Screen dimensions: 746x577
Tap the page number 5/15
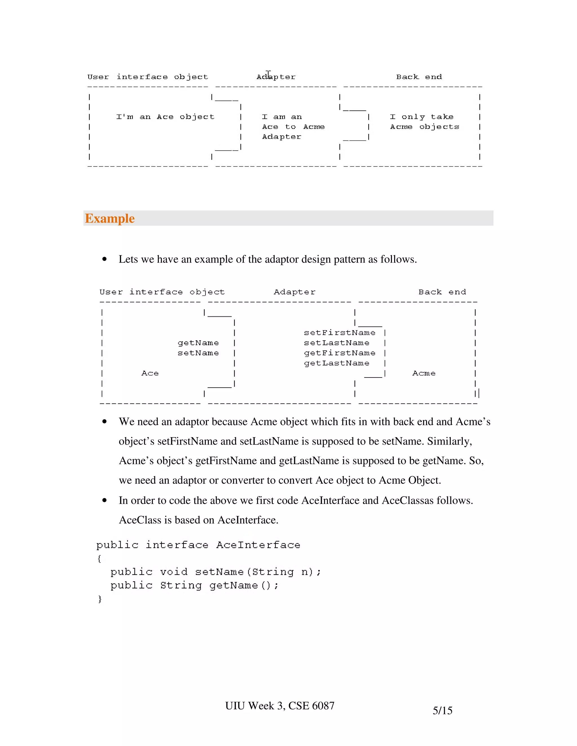(442, 711)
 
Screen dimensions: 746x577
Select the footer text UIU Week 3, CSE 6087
(279, 706)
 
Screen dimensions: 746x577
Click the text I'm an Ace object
(165, 117)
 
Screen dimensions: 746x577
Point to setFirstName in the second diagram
(339, 333)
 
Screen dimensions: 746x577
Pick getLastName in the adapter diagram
(337, 363)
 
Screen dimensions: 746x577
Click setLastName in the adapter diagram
(337, 343)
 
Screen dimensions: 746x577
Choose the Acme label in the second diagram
(424, 373)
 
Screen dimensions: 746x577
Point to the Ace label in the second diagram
(150, 373)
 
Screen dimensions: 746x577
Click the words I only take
(422, 117)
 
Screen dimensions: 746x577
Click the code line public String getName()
(194, 586)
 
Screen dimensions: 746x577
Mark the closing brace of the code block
(100, 599)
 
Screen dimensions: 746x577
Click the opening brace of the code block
(99, 559)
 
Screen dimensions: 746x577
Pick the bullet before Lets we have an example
(105, 259)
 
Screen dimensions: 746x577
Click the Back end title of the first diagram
(419, 77)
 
